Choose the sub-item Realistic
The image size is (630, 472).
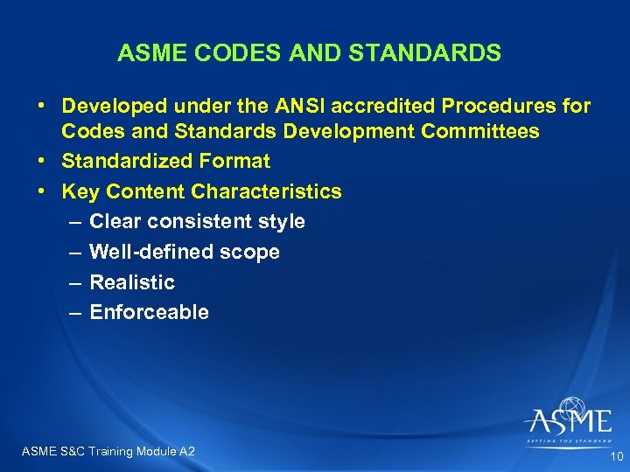132,282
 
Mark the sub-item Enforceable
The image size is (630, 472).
149,312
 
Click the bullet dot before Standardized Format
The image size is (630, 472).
42,162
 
